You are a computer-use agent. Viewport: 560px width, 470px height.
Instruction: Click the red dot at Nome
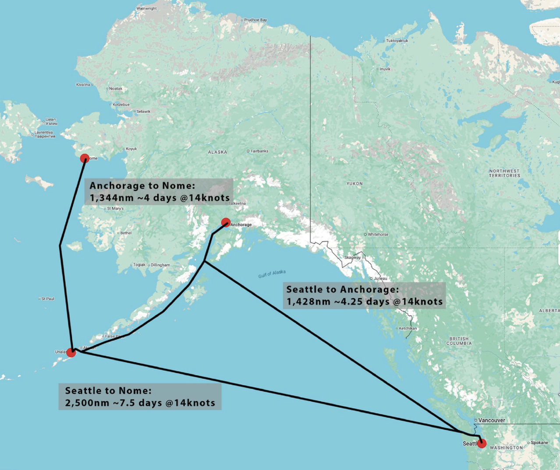click(85, 158)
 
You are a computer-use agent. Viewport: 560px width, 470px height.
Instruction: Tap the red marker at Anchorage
click(226, 222)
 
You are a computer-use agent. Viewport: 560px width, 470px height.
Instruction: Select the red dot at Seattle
click(482, 443)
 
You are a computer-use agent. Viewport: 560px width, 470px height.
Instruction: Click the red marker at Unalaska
click(71, 352)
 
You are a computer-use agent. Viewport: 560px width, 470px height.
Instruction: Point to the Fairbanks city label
click(259, 151)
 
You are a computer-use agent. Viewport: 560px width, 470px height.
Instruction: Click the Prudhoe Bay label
click(255, 20)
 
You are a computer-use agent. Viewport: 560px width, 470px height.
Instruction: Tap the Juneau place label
click(380, 278)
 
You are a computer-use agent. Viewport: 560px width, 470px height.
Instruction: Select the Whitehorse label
click(378, 235)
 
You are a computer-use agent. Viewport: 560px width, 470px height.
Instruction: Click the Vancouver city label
click(491, 420)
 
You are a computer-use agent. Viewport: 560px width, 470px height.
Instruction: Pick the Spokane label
click(539, 442)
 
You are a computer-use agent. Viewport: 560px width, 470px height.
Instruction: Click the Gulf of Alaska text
click(272, 274)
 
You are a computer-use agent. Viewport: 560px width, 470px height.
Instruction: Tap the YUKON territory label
click(354, 184)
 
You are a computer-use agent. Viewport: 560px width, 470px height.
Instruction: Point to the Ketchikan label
click(408, 328)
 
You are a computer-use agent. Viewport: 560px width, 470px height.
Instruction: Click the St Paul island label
click(48, 299)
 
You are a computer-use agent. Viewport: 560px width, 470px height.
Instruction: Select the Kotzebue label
click(121, 105)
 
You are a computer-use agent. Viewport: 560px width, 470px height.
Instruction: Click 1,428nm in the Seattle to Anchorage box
click(302, 302)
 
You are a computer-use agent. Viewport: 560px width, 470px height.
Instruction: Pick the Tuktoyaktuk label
click(397, 41)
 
